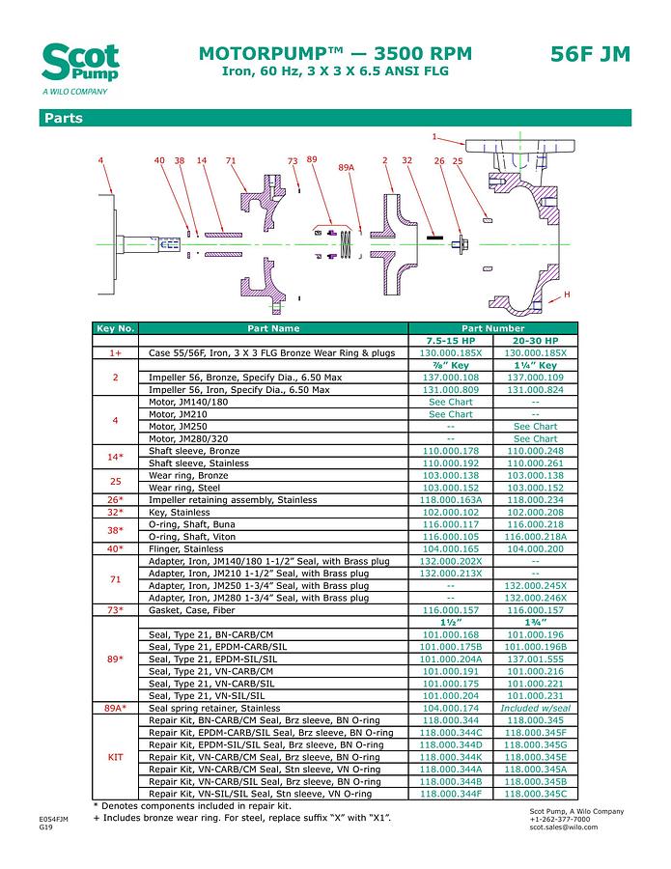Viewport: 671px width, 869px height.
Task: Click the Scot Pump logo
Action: (x=80, y=66)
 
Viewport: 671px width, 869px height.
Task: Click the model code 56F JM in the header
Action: (x=590, y=54)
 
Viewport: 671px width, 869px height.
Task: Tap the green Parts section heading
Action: (x=63, y=119)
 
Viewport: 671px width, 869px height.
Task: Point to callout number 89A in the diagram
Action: (x=347, y=168)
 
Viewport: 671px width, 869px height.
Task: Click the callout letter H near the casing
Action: (x=567, y=294)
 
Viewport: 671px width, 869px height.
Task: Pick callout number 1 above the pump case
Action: (x=434, y=136)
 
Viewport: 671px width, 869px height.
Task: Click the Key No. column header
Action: (x=116, y=328)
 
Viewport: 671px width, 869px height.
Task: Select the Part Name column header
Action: (x=273, y=328)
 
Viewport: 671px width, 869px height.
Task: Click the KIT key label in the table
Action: (x=116, y=758)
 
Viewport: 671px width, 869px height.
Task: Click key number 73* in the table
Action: (x=116, y=611)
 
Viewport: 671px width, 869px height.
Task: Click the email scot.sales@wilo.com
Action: (x=564, y=827)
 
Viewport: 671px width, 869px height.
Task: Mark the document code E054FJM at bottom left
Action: (x=54, y=819)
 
